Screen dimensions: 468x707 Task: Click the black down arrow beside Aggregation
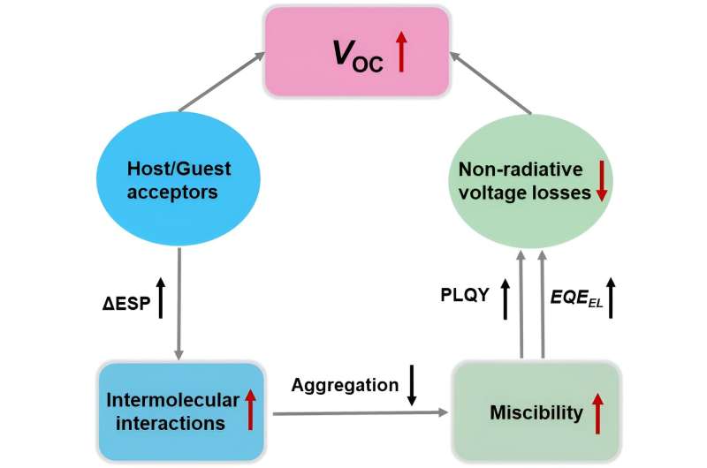click(x=411, y=388)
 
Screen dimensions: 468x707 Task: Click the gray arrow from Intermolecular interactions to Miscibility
click(x=361, y=412)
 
